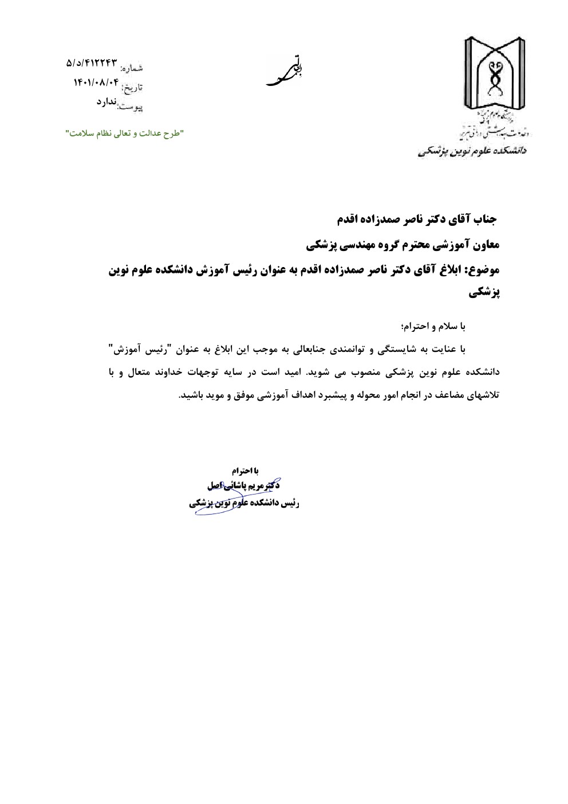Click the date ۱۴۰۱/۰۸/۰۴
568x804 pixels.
coord(96,83)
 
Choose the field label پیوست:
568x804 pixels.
coord(131,106)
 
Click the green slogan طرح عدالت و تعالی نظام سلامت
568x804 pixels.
coord(124,133)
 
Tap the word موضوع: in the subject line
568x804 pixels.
coord(480,270)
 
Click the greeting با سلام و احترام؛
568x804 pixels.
coord(436,326)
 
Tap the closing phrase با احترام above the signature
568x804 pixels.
coord(246,470)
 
